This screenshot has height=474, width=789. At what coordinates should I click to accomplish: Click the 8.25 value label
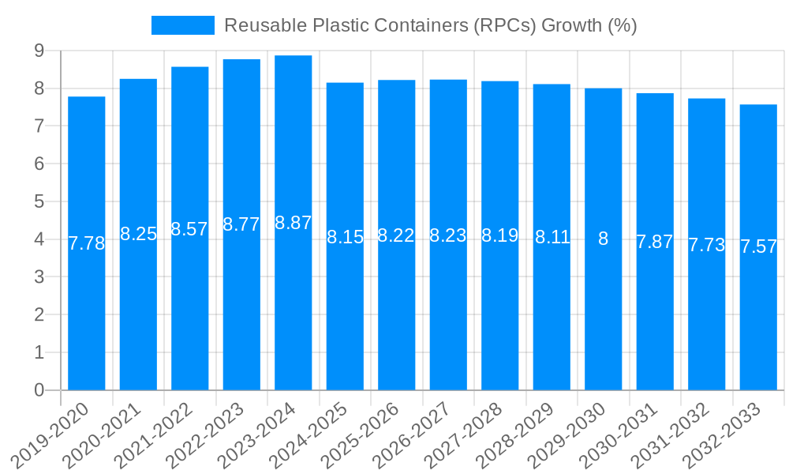pyautogui.click(x=138, y=234)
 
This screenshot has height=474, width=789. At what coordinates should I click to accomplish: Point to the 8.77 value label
pyautogui.click(x=241, y=224)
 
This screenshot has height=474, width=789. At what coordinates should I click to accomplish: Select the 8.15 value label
pyautogui.click(x=345, y=237)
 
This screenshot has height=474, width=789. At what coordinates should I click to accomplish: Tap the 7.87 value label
pyautogui.click(x=655, y=242)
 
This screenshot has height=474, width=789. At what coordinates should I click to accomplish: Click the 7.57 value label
pyautogui.click(x=758, y=246)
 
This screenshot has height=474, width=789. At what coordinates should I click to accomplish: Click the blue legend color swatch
pyautogui.click(x=183, y=25)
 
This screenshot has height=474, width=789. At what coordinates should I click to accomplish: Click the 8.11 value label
pyautogui.click(x=552, y=237)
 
